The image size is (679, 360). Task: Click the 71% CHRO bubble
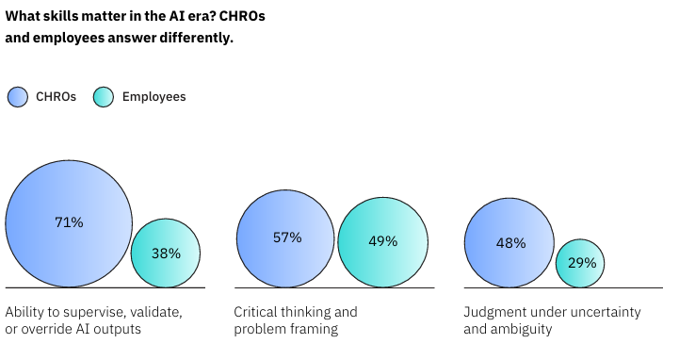click(x=69, y=223)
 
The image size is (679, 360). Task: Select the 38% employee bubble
click(x=166, y=253)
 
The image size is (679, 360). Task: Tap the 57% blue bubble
click(x=285, y=238)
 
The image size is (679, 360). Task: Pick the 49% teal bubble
click(x=383, y=242)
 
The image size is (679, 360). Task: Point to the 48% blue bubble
click(x=509, y=242)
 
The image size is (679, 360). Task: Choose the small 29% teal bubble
click(x=580, y=263)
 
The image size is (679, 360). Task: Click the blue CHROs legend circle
click(x=18, y=97)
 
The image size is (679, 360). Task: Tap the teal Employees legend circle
click(x=104, y=97)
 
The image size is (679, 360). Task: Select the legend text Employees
click(x=154, y=97)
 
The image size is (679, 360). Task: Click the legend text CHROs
click(x=56, y=97)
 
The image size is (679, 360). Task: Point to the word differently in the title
click(x=196, y=38)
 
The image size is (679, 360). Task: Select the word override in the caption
click(x=47, y=329)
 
